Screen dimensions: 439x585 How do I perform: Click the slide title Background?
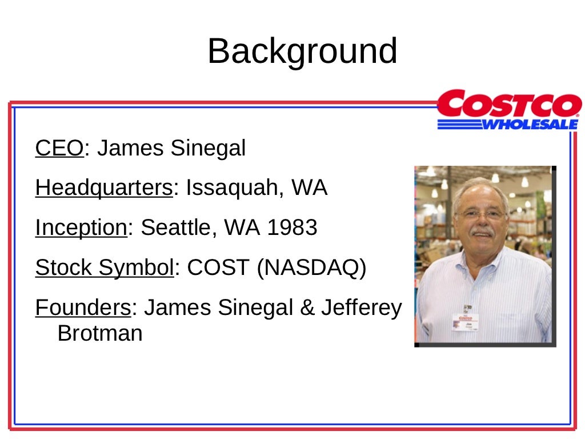[302, 51]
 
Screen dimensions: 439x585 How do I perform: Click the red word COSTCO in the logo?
[509, 106]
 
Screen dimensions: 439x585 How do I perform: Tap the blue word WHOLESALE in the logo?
[530, 124]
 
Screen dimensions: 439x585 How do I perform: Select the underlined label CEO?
[59, 149]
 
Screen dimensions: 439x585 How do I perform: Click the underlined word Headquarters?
[103, 188]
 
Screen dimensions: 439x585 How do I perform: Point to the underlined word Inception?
[81, 228]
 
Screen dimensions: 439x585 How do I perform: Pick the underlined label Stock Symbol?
[104, 268]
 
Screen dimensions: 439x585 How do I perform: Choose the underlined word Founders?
[83, 308]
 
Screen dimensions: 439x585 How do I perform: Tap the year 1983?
[292, 228]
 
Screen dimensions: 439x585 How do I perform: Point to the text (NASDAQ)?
[311, 268]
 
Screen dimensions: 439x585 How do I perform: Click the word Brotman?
[100, 333]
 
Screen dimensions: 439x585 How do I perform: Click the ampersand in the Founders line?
[307, 308]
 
